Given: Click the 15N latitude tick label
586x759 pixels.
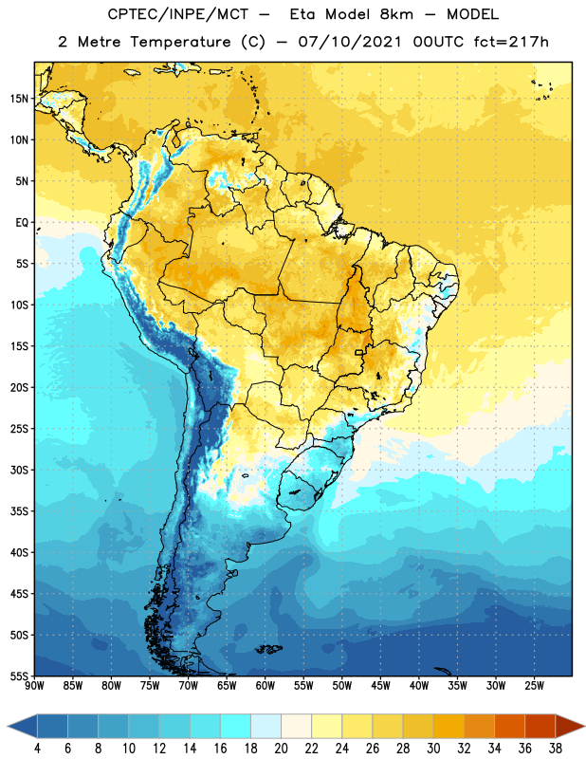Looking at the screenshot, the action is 19,99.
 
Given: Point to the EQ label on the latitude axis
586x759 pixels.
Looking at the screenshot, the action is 22,223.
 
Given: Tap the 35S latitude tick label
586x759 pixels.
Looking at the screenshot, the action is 19,511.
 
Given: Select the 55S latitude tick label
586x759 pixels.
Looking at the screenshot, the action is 19,676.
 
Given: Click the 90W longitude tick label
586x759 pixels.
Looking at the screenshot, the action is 34,686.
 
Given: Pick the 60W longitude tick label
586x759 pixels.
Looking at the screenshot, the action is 266,686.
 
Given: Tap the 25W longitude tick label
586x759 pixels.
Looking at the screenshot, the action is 534,686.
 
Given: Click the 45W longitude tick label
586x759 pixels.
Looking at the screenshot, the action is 380,686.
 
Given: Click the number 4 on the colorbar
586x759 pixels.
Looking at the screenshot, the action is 37,749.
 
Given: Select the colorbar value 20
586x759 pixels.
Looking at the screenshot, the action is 281,749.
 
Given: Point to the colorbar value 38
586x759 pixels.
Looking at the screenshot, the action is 555,749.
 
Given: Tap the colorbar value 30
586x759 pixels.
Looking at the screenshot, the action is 433,749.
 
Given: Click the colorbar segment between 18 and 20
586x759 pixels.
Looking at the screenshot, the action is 266,727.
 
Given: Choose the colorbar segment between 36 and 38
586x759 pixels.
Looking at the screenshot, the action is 540,727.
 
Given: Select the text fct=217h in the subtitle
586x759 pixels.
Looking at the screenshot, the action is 511,42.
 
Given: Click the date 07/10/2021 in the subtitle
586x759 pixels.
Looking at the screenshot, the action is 350,42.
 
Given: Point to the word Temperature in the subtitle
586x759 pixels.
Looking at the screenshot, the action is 180,42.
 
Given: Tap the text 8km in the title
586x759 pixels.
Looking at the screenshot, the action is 396,14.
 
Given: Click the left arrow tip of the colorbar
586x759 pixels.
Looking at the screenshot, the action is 8,727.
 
